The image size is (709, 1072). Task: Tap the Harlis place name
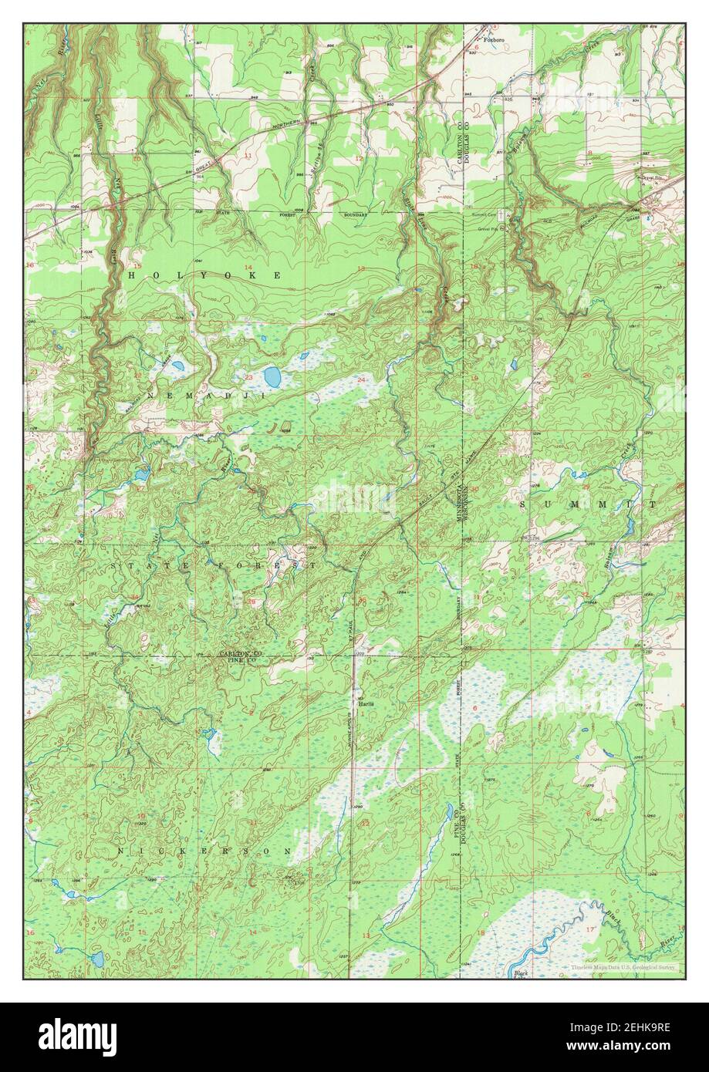[366, 703]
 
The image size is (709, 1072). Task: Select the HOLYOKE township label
[204, 275]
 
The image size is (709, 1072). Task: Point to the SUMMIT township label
[588, 504]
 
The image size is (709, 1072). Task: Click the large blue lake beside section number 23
[272, 377]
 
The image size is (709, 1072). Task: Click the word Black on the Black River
[613, 919]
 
